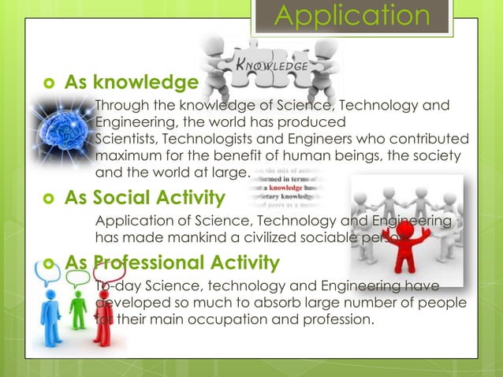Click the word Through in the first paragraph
point(121,106)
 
